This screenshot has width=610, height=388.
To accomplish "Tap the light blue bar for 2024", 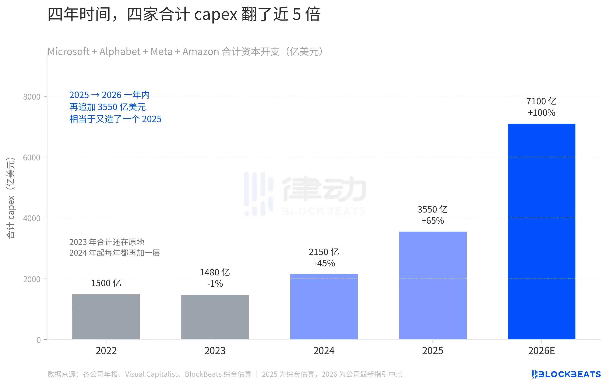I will tap(324, 307).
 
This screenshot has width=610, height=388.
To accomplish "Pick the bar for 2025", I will tap(433, 285).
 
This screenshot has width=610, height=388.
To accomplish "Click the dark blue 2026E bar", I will tap(542, 231).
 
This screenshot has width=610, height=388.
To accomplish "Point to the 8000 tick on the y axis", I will tap(32, 97).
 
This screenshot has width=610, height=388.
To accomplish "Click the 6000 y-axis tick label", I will tap(32, 157).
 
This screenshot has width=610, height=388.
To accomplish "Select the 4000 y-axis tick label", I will tap(32, 218).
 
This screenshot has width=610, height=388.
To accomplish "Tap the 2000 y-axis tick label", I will tap(32, 279).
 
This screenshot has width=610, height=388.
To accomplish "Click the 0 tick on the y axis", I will tap(39, 340).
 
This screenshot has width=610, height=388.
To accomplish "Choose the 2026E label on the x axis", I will tap(542, 351).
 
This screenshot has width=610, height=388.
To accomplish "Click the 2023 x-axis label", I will tap(215, 351).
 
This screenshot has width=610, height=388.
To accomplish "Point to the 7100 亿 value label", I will tap(542, 101).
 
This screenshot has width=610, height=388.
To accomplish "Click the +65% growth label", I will tap(433, 221).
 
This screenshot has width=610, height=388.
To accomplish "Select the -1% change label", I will tap(215, 284).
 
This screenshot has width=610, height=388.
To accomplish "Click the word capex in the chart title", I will tap(216, 15).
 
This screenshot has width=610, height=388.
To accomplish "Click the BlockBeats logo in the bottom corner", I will tap(566, 374).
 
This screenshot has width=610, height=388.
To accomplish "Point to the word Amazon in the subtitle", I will tap(201, 52).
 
